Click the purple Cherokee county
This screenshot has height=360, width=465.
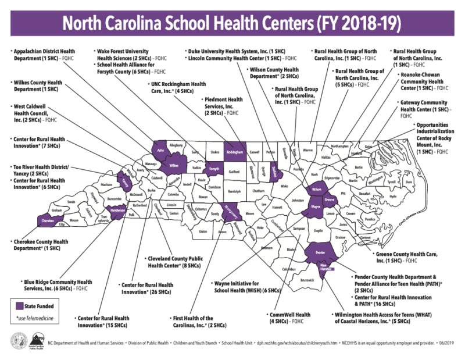point(48,220)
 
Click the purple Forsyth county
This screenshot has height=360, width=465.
point(213,169)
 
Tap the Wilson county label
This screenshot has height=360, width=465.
point(316,190)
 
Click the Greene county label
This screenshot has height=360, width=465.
point(330,201)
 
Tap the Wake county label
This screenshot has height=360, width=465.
point(284,187)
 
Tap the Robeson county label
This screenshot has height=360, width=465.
point(266,247)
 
